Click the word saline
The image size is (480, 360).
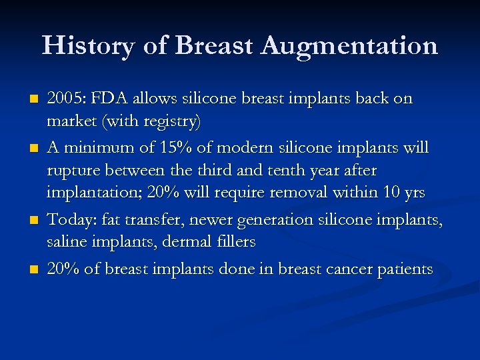[x=65, y=242]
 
